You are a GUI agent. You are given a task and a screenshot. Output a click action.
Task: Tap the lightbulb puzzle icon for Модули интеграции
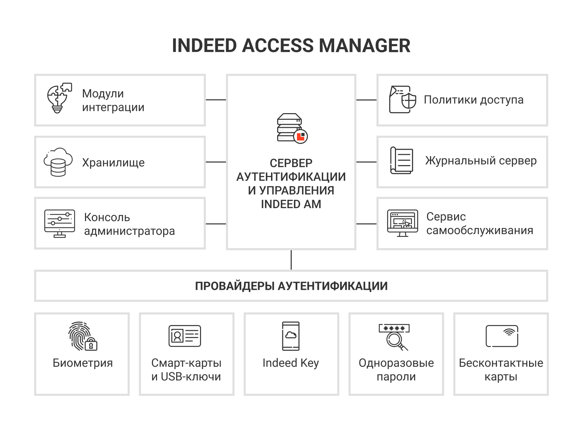tap(59, 98)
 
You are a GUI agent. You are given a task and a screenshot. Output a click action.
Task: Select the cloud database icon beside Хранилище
tap(58, 162)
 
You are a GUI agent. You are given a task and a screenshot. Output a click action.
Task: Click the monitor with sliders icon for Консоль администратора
tap(59, 224)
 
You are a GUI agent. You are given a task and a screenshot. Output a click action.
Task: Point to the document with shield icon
tap(402, 99)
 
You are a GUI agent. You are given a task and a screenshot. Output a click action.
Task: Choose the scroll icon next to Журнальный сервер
tap(401, 160)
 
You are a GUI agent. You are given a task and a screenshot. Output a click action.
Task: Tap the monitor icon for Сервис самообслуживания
tap(402, 223)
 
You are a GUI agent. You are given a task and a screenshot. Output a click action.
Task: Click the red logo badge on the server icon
tap(301, 136)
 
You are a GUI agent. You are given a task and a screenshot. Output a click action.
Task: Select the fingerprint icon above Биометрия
tap(82, 336)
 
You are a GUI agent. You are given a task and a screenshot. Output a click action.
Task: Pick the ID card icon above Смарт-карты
tap(185, 336)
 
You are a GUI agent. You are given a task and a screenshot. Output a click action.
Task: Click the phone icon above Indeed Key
tap(291, 336)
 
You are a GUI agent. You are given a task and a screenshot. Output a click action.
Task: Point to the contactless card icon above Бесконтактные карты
tap(501, 336)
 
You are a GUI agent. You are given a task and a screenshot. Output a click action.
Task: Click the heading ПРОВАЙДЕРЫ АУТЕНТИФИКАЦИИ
tap(291, 286)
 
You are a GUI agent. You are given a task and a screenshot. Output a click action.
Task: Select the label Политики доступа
tap(473, 100)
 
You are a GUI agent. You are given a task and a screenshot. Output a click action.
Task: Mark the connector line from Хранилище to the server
tap(216, 162)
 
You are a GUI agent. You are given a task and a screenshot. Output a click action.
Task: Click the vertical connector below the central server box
tap(291, 260)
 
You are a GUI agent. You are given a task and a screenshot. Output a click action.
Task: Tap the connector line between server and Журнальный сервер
tap(366, 162)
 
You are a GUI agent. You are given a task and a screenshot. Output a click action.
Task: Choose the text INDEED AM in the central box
tap(291, 204)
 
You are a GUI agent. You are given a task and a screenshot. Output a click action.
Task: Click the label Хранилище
tap(113, 163)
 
